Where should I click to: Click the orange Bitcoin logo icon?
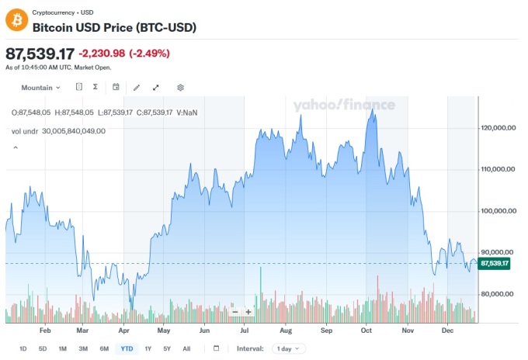click(x=16, y=19)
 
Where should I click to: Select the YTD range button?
click(x=125, y=348)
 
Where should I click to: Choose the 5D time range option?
click(x=43, y=348)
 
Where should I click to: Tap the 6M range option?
click(x=104, y=348)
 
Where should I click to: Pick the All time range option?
click(x=186, y=348)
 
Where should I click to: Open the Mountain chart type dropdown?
click(x=40, y=88)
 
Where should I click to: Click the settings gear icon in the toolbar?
click(x=180, y=88)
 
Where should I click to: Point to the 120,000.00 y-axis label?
click(x=498, y=127)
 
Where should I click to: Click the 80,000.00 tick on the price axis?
click(x=498, y=294)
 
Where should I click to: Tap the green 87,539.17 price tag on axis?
click(x=495, y=264)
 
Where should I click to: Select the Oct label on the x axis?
click(x=367, y=330)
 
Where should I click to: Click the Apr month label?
click(x=123, y=330)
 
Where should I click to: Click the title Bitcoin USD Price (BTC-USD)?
click(x=113, y=27)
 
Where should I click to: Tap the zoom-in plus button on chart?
click(x=248, y=312)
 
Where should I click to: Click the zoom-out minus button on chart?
click(x=234, y=312)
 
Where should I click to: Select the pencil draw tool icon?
click(x=137, y=88)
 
